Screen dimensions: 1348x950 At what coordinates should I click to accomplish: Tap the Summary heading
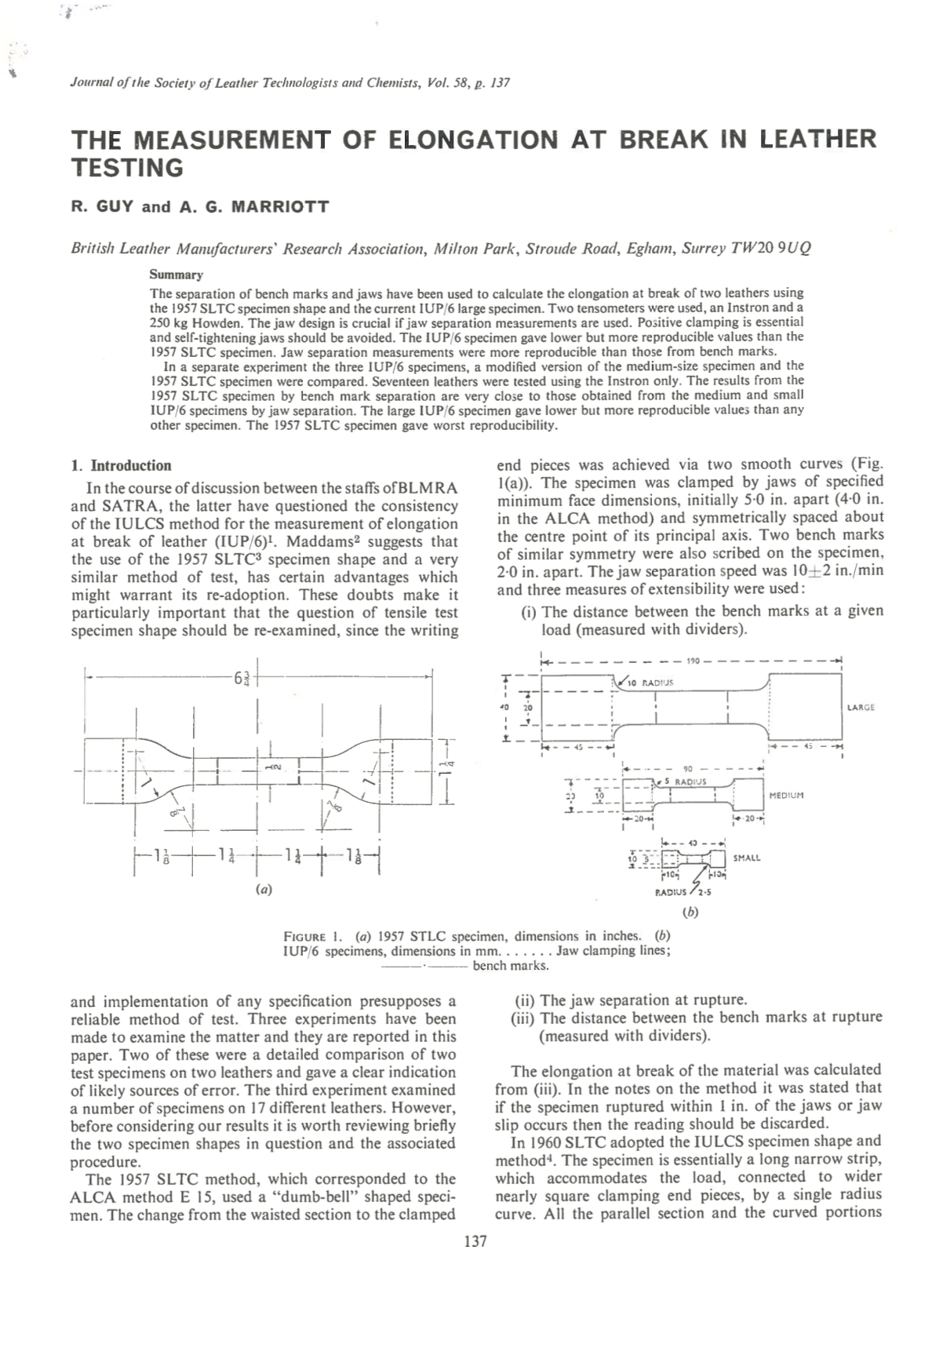pos(177,275)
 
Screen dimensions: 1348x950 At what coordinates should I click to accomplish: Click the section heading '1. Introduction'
pos(121,465)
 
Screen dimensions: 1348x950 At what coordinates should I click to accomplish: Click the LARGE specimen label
pos(861,708)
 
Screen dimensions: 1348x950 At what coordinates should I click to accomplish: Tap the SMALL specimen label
pos(746,858)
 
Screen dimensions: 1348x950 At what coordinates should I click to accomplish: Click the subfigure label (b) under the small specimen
pos(690,912)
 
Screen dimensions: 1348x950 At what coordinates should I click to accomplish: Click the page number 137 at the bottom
pos(475,1241)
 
